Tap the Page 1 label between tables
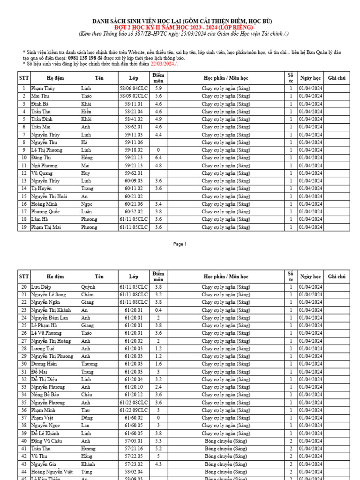click(x=180, y=244)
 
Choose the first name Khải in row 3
click(x=86, y=104)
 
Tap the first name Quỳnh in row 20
click(x=88, y=287)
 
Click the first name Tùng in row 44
click(x=87, y=472)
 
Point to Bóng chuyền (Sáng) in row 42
click(x=226, y=457)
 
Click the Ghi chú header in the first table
click(x=337, y=78)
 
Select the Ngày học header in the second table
click(x=310, y=277)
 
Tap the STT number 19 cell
click(x=23, y=227)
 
